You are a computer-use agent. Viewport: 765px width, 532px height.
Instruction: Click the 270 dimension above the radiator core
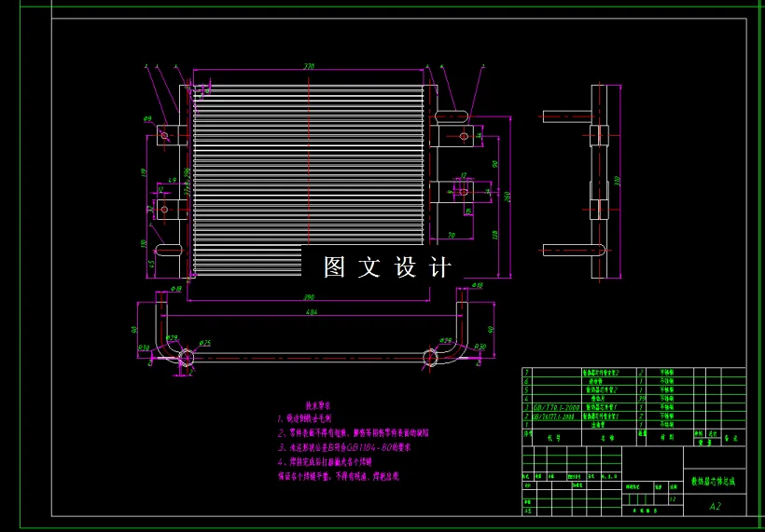(309, 67)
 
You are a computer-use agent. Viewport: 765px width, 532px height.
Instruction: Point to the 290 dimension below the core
(309, 296)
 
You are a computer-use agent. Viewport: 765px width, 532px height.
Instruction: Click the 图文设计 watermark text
(387, 267)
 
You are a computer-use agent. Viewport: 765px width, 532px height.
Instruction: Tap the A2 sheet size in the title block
(716, 506)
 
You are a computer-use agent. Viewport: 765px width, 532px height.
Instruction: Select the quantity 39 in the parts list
(641, 398)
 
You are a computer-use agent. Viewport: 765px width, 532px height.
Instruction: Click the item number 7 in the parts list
(527, 372)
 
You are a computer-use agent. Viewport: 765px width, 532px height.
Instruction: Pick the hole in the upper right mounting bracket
(464, 136)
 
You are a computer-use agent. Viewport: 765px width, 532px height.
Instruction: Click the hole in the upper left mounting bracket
(164, 135)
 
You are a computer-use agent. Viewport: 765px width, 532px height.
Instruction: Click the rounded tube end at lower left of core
(168, 250)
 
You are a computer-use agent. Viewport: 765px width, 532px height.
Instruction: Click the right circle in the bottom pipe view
(431, 356)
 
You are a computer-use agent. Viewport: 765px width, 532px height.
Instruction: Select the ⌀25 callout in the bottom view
(205, 343)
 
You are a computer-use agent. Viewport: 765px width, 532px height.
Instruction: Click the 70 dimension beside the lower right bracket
(451, 235)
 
